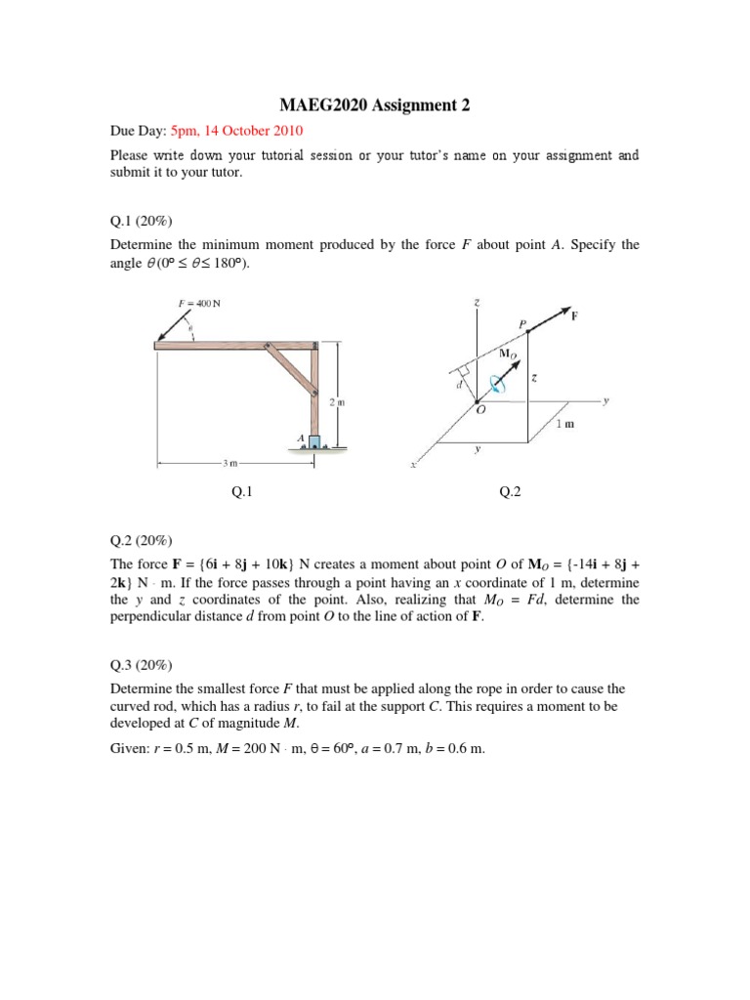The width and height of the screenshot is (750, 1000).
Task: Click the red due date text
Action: (x=237, y=130)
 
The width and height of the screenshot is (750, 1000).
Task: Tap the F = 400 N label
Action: (x=200, y=303)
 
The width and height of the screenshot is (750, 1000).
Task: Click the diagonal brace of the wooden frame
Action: (x=291, y=369)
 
